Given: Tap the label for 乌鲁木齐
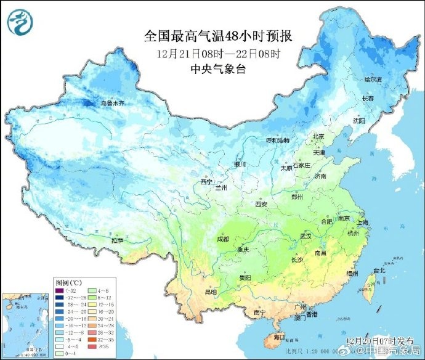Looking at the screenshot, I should (112, 103).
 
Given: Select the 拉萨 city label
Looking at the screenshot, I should (118, 239).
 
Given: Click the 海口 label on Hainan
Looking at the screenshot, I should (279, 337).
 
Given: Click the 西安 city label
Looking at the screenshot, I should (261, 203).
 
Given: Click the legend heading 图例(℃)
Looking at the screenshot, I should (64, 281).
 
